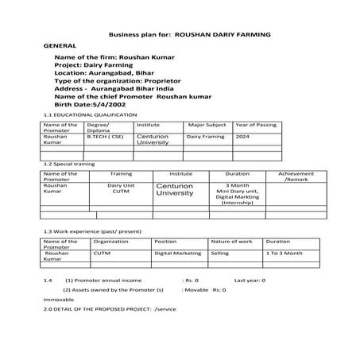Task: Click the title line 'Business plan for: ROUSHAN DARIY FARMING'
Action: point(189,36)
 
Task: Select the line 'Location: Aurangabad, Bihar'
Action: point(104,73)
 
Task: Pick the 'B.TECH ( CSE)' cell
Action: point(104,137)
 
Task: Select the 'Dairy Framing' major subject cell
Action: point(206,137)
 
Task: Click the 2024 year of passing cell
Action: point(243,137)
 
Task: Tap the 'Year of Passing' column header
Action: point(256,125)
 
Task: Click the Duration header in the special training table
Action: point(237,173)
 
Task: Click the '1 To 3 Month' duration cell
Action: point(284,253)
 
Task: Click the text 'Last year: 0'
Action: point(250,281)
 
